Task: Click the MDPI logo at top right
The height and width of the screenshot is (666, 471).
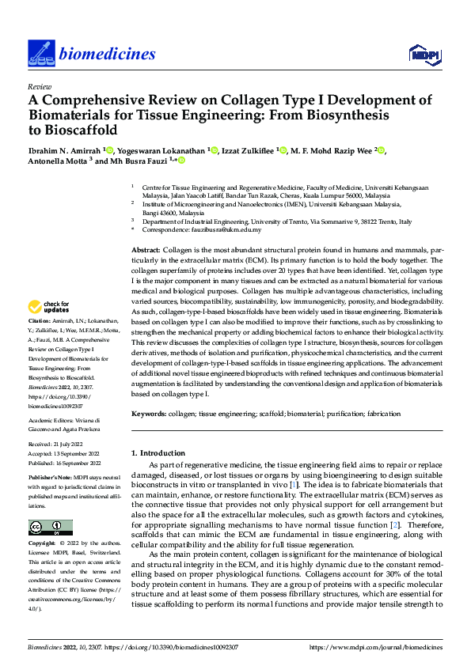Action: click(423, 53)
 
